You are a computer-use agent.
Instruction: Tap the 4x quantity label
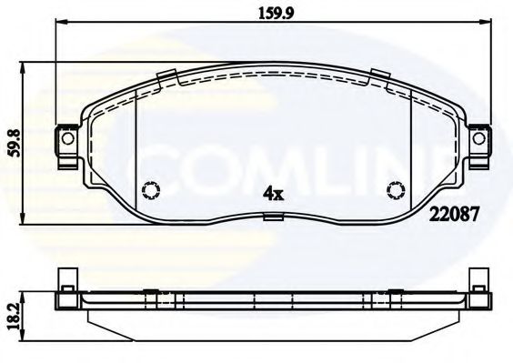coord(271,193)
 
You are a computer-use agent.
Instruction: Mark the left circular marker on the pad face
coord(151,191)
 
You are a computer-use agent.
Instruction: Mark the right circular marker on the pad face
coord(395,190)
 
